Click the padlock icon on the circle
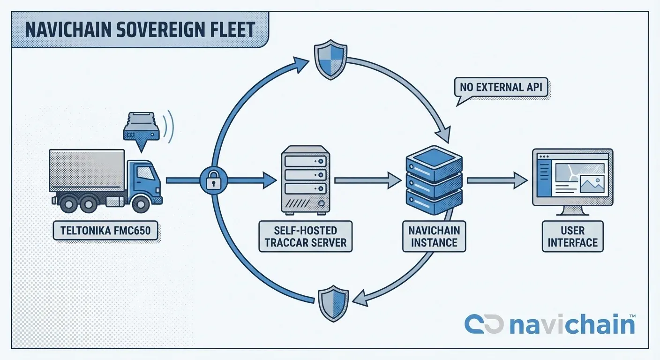pyautogui.click(x=214, y=180)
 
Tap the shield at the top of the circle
pyautogui.click(x=330, y=60)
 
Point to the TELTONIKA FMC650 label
pyautogui.click(x=105, y=230)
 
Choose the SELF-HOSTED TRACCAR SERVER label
pyautogui.click(x=306, y=236)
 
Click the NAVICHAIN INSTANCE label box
pyautogui.click(x=434, y=236)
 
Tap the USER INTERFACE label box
pyautogui.click(x=572, y=236)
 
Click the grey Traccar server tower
pyautogui.click(x=306, y=179)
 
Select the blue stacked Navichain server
pyautogui.click(x=434, y=180)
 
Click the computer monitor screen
pyautogui.click(x=572, y=177)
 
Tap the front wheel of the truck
pyautogui.click(x=141, y=202)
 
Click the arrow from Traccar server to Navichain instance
pyautogui.click(x=367, y=180)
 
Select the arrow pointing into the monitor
pyautogui.click(x=497, y=180)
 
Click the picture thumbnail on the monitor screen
pyautogui.click(x=592, y=184)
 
